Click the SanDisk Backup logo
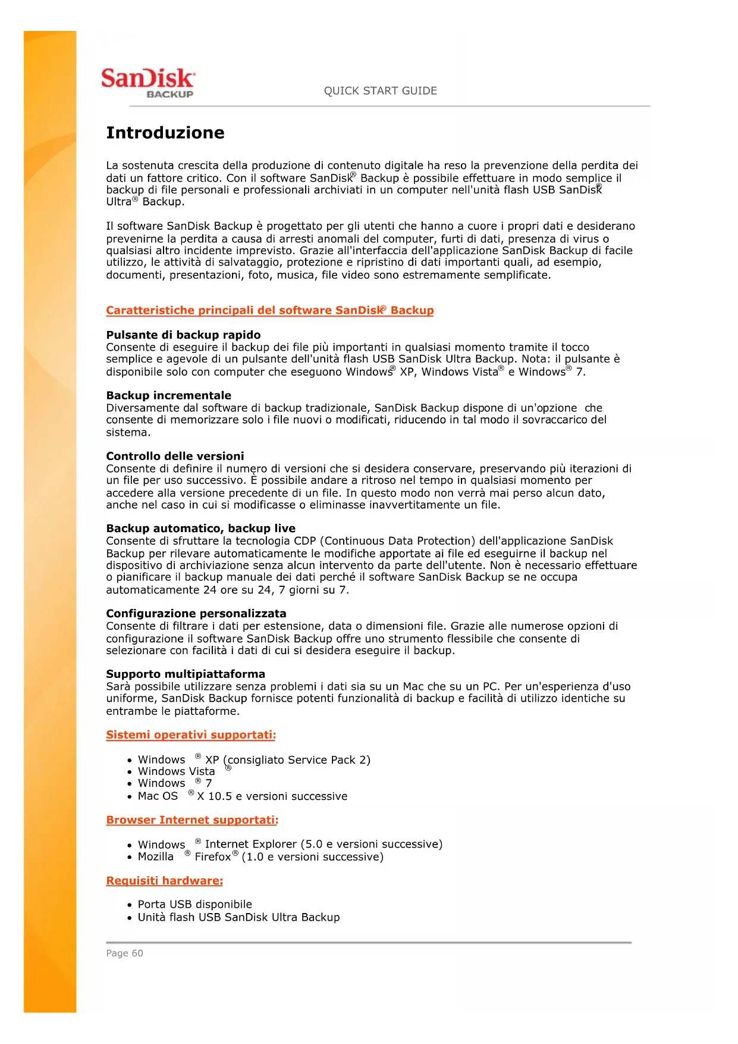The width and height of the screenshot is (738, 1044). [147, 83]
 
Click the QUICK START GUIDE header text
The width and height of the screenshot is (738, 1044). [380, 91]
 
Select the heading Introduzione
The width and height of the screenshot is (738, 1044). [165, 133]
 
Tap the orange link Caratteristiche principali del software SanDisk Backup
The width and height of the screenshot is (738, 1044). [270, 310]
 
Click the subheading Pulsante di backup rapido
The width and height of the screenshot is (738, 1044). [183, 335]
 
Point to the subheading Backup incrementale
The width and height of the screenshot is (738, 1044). [169, 395]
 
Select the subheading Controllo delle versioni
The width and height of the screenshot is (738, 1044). [175, 456]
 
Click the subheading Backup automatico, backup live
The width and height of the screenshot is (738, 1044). [200, 528]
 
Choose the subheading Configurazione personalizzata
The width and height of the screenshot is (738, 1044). [196, 613]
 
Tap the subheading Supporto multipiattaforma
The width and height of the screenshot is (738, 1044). [186, 674]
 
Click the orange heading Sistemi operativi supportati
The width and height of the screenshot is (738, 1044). [191, 734]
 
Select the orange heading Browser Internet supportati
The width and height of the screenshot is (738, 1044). [192, 820]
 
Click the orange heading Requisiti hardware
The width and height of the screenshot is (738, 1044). [165, 880]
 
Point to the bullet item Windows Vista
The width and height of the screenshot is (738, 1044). [177, 771]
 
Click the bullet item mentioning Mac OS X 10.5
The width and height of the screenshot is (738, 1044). [243, 796]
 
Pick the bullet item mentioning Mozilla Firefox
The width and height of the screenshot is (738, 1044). [260, 857]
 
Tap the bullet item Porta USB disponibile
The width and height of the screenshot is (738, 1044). [195, 904]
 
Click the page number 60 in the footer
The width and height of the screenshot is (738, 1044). [137, 953]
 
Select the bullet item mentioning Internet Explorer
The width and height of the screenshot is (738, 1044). [290, 844]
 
